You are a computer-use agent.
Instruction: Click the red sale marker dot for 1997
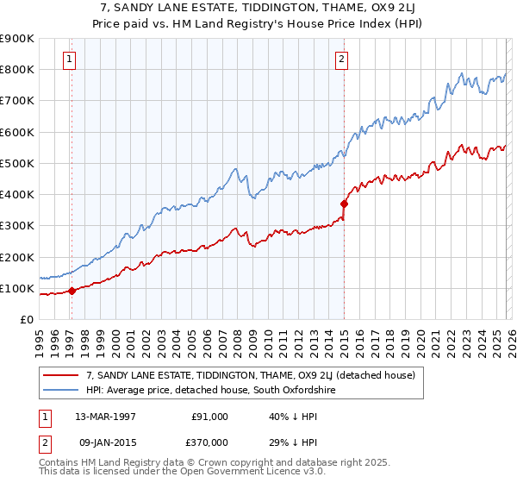click(x=72, y=291)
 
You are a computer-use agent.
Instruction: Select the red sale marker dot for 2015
click(x=344, y=204)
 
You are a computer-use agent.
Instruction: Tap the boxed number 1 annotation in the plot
click(x=69, y=59)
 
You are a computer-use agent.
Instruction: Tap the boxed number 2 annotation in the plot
click(x=341, y=59)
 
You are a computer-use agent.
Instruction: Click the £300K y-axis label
click(x=17, y=225)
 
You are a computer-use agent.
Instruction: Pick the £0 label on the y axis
click(x=26, y=319)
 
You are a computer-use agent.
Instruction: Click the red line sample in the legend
click(x=60, y=376)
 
